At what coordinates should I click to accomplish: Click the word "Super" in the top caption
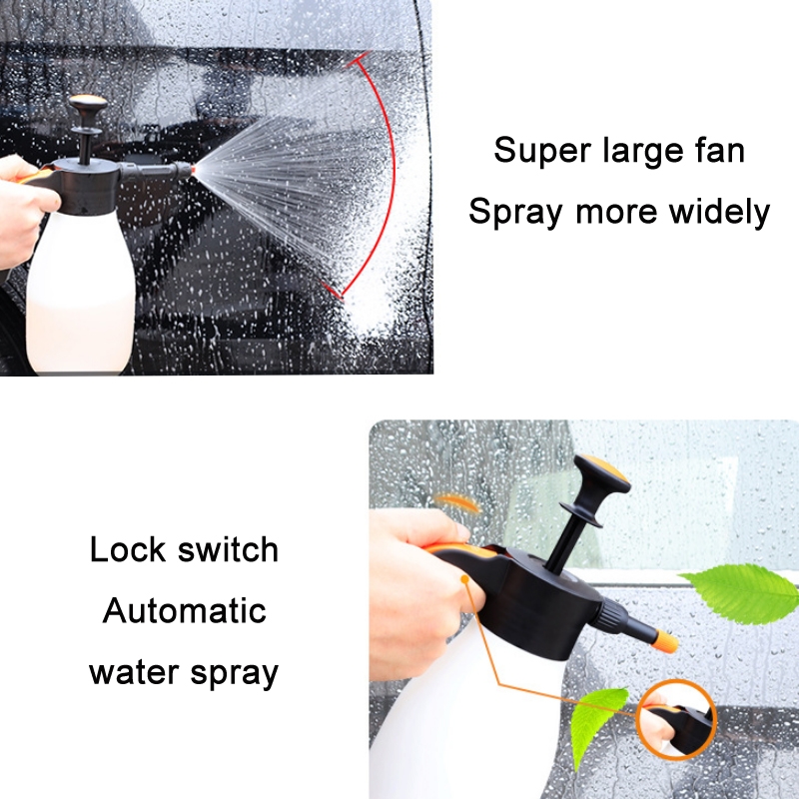click(543, 152)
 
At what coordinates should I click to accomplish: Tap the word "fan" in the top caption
click(719, 150)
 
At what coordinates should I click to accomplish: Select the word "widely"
click(718, 212)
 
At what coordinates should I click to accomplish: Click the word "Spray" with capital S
click(515, 213)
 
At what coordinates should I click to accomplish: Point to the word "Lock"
click(128, 549)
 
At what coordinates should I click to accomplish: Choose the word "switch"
click(228, 549)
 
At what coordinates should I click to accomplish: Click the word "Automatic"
click(185, 610)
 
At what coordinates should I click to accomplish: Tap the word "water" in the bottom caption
click(133, 672)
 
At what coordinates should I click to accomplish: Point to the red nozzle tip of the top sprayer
click(193, 170)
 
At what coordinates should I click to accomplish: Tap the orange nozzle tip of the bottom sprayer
click(665, 641)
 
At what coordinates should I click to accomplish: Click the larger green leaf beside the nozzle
click(740, 593)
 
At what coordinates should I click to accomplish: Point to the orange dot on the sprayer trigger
click(464, 579)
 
